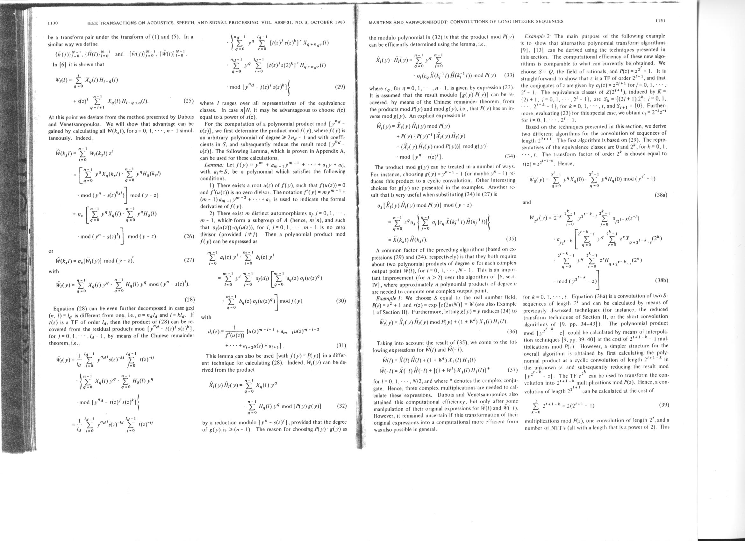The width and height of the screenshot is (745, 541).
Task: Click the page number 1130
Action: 53,23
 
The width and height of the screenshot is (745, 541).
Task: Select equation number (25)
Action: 188,101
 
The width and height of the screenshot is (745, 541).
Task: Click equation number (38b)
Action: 661,280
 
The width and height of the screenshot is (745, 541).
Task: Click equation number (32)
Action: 342,405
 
